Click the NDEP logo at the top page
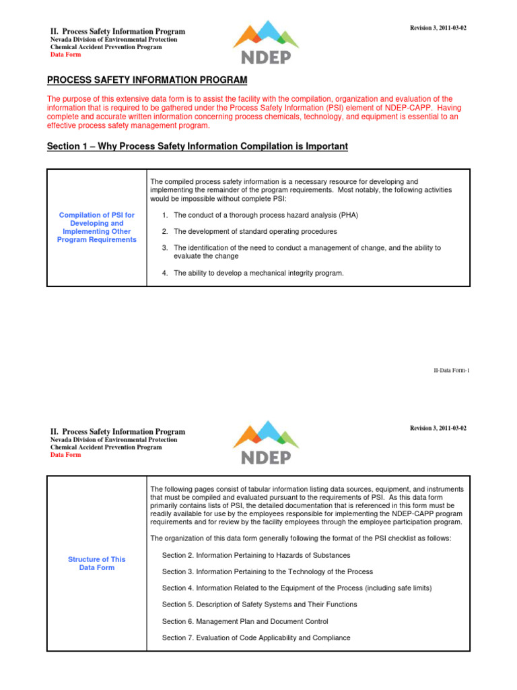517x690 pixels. [x=266, y=42]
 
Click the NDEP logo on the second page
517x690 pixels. [x=266, y=443]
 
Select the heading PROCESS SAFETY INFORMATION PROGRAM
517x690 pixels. [x=147, y=80]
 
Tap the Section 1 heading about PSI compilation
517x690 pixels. [x=197, y=146]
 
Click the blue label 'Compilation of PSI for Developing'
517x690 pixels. [x=97, y=227]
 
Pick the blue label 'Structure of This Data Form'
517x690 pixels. [x=97, y=563]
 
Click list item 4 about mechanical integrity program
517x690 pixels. [x=253, y=273]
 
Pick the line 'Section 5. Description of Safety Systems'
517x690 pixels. [x=260, y=604]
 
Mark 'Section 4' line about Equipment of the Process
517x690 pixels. [x=297, y=588]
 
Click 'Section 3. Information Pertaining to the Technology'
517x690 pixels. [x=267, y=571]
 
